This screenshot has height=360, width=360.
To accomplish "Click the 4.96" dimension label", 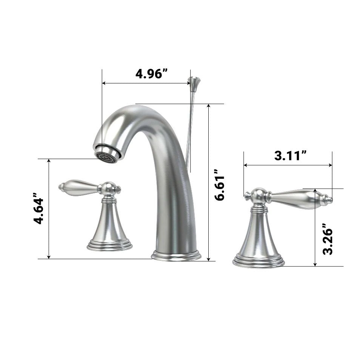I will pyautogui.click(x=151, y=74).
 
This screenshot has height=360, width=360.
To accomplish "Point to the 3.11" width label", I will pyautogui.click(x=290, y=155).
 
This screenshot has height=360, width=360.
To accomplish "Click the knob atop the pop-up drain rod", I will pyautogui.click(x=194, y=81).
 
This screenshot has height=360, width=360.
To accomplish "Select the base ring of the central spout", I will pyautogui.click(x=176, y=255).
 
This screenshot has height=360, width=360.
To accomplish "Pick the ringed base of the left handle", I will pyautogui.click(x=109, y=245).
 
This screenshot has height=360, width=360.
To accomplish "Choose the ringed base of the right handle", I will pyautogui.click(x=258, y=260).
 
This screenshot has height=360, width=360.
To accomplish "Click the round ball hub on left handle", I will pyautogui.click(x=109, y=188).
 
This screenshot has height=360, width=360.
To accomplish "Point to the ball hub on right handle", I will pyautogui.click(x=258, y=195).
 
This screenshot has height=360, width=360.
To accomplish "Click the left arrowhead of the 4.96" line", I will pyautogui.click(x=104, y=83).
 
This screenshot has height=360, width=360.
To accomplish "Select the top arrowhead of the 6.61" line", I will pyautogui.click(x=208, y=106).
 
